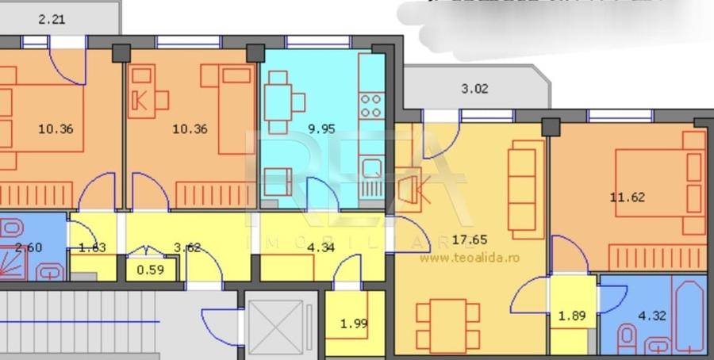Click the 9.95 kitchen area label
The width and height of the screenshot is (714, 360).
coord(321,128)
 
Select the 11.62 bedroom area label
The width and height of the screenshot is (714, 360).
coord(627,197)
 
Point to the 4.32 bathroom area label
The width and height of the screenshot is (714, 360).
coord(651,316)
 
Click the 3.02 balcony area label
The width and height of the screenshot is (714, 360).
coord(474,90)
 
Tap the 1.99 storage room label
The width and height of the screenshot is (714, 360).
coord(354,323)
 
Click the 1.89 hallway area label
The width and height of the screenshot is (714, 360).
coord(572,316)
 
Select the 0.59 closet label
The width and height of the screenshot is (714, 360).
coord(151,270)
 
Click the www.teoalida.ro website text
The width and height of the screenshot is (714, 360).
coord(469,258)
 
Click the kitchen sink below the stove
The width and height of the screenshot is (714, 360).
coord(371,168)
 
